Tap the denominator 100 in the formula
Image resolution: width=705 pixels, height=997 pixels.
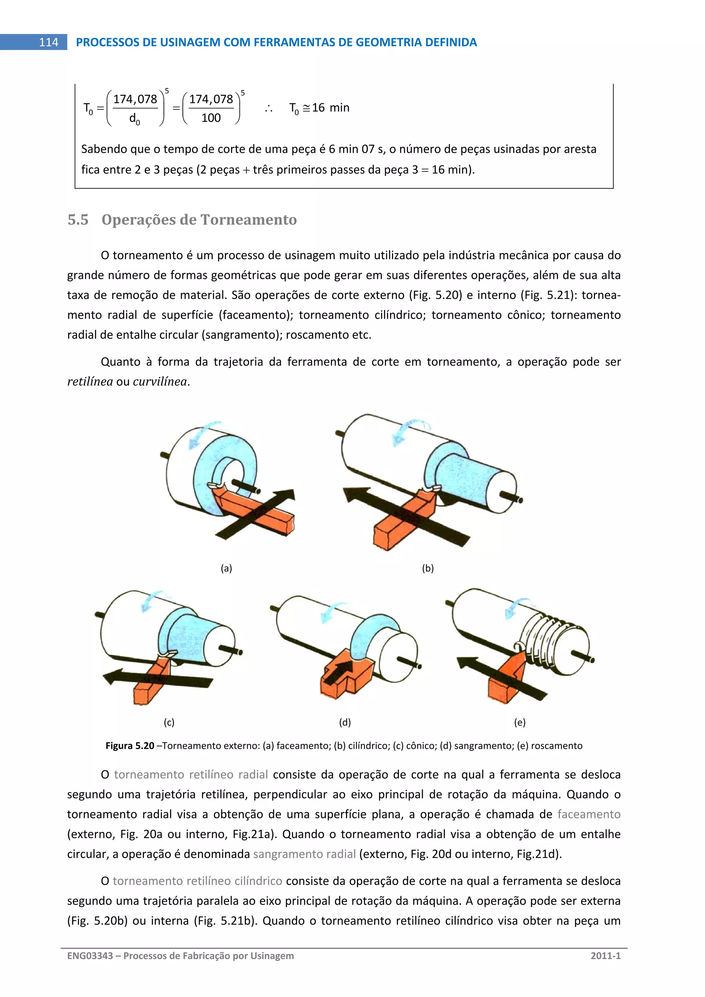pos(211,118)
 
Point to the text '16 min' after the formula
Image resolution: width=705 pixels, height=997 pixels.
pos(330,108)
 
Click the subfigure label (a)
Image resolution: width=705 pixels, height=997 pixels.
pos(226,568)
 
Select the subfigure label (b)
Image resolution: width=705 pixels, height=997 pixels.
pos(428,568)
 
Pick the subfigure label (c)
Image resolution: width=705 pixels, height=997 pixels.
pos(169,722)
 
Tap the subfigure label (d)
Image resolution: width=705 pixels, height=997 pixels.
pos(345,722)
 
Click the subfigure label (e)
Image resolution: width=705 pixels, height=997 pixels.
pos(520,722)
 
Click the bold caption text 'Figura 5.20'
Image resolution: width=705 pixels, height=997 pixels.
pos(130,745)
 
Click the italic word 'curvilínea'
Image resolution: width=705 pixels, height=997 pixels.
pos(160,382)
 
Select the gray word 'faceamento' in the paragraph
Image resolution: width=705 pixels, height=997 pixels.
pos(589,814)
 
